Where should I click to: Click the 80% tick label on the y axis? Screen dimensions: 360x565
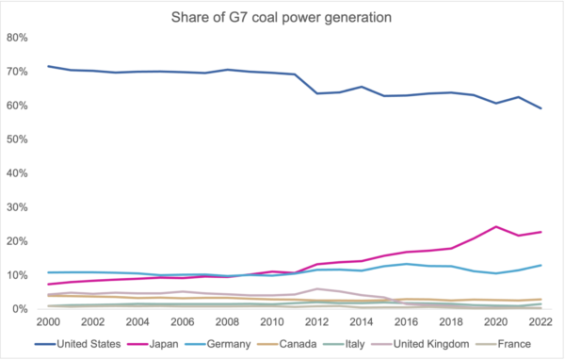click(x=18, y=38)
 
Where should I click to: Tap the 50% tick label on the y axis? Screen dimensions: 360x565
click(x=18, y=139)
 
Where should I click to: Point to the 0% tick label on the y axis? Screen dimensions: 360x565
click(x=21, y=309)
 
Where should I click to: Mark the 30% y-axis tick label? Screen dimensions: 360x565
click(x=18, y=207)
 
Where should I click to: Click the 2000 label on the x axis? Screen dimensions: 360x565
click(x=48, y=322)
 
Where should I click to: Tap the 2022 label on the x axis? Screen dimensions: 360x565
click(x=539, y=322)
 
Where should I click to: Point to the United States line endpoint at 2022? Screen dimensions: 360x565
click(x=539, y=108)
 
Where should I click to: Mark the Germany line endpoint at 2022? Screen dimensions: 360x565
click(x=539, y=265)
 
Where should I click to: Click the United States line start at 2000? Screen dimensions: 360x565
click(x=48, y=66)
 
